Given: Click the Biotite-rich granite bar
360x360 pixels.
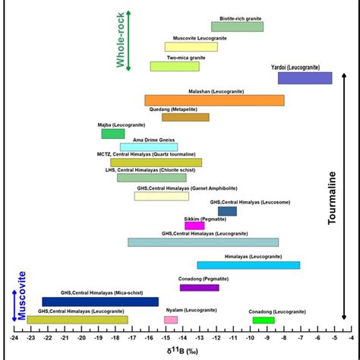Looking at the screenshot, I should click(237, 27).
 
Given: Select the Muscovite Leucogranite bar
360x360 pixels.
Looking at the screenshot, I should click(191, 47).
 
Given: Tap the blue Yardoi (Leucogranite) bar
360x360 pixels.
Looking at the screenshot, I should click(305, 77).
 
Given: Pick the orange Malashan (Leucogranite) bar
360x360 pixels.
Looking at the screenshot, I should click(214, 100).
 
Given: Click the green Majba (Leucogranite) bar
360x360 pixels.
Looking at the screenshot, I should click(113, 134).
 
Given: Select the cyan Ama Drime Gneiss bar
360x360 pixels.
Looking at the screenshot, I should click(149, 147).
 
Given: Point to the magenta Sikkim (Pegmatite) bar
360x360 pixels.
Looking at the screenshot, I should click(194, 226).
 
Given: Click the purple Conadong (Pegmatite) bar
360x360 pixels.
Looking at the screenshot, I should click(199, 287).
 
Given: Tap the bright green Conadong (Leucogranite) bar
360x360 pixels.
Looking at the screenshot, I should click(264, 320).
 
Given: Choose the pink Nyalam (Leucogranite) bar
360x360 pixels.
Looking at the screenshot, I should click(171, 320).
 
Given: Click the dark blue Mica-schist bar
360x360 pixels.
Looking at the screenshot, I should click(100, 302).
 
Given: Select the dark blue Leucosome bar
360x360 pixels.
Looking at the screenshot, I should click(227, 211).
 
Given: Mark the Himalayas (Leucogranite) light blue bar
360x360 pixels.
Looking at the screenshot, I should click(248, 265).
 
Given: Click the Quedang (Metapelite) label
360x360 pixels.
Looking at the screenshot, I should click(185, 109).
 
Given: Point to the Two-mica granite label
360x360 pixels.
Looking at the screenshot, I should click(186, 58).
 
